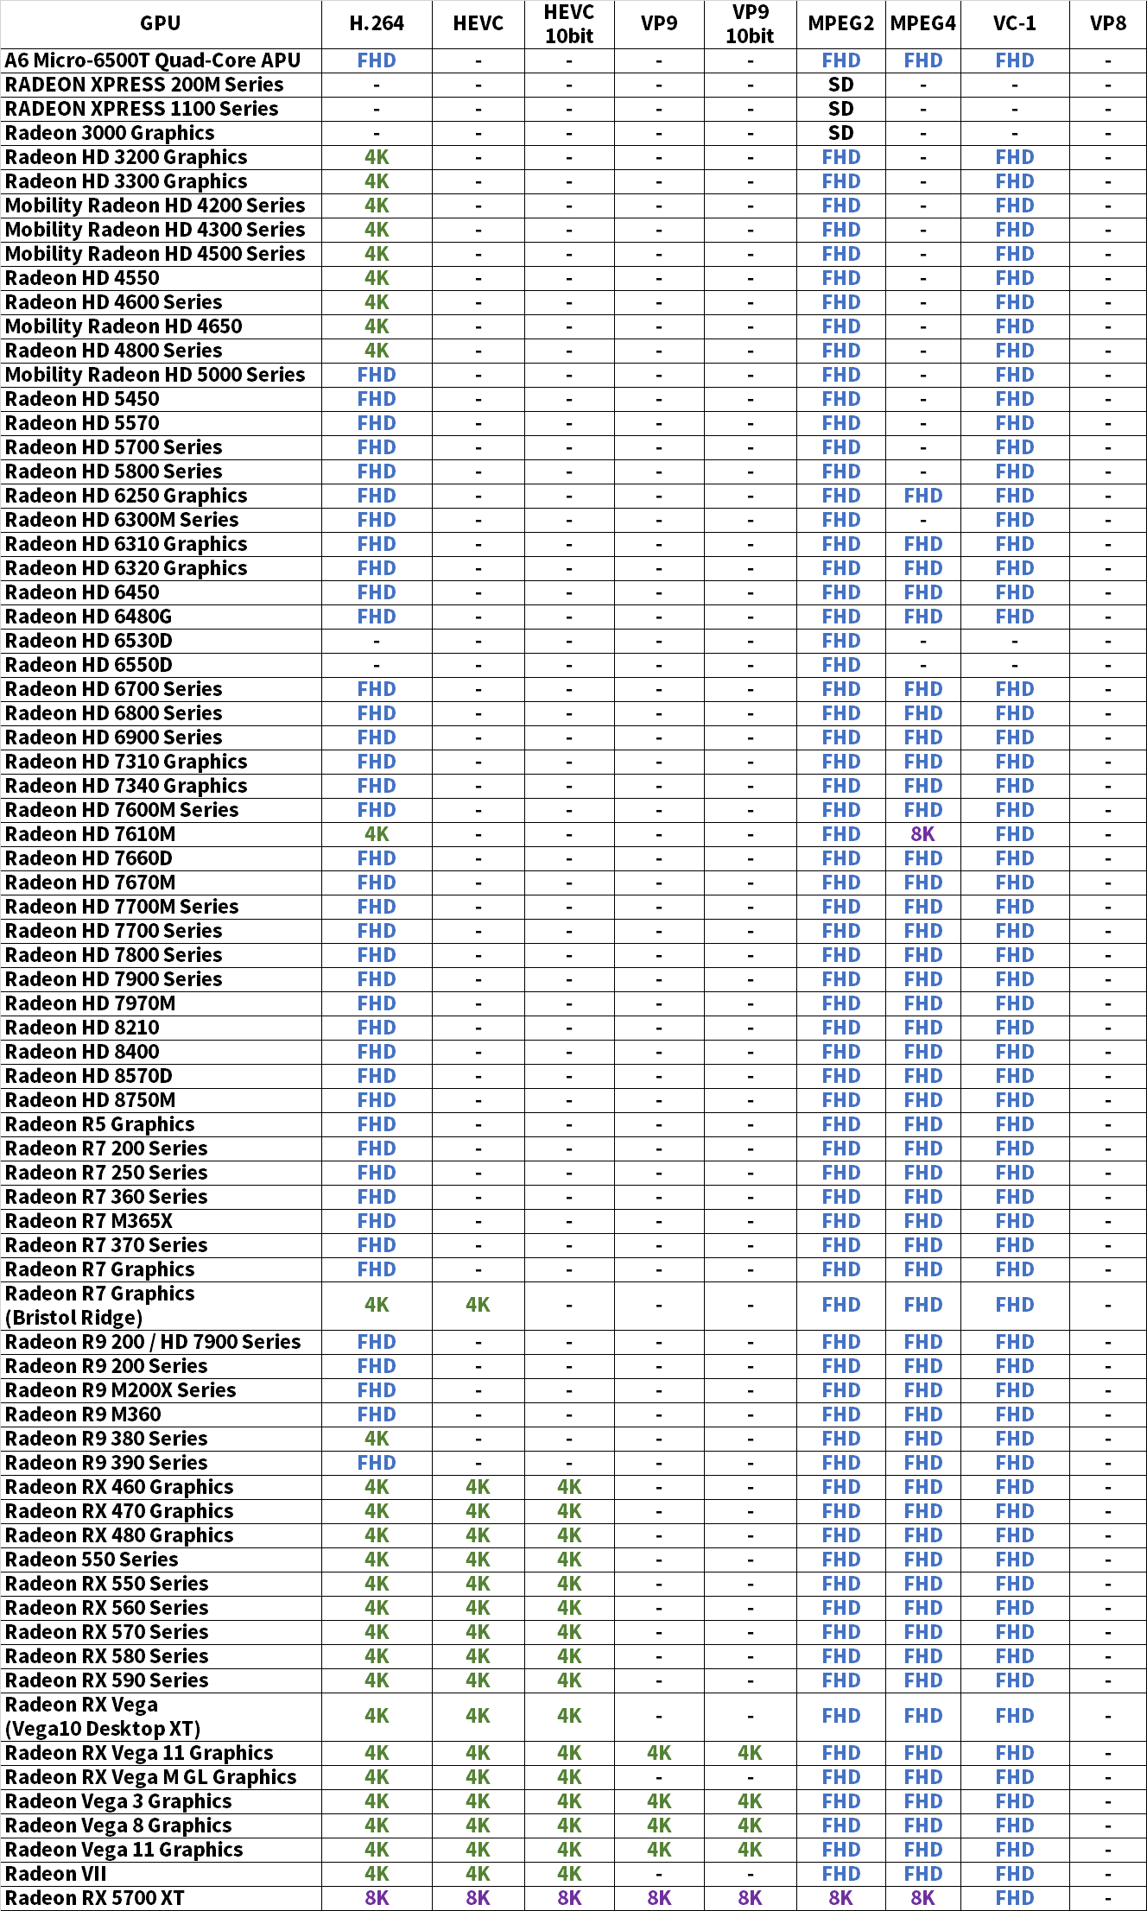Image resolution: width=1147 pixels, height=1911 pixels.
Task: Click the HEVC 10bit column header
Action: coord(569,24)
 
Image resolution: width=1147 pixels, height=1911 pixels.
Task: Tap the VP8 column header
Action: coord(1107,24)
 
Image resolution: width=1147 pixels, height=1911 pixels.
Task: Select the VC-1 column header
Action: coord(1014,24)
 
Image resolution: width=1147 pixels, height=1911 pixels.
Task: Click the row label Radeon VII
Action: coord(56,1873)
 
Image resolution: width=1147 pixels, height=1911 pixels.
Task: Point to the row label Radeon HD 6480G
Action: coord(88,617)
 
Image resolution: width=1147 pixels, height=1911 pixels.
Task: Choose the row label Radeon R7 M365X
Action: coord(89,1221)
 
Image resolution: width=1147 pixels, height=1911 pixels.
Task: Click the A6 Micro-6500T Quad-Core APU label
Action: coord(153,60)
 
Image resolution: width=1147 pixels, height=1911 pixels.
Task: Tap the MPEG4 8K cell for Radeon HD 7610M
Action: coord(922,834)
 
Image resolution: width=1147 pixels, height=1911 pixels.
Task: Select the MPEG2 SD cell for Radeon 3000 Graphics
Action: coord(840,133)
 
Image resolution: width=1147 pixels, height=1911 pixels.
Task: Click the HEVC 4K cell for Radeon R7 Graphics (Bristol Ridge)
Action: coord(478,1305)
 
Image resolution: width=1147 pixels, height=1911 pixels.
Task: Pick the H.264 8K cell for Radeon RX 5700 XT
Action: coord(377,1897)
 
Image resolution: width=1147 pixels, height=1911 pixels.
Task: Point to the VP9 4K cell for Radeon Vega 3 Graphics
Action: coord(659,1800)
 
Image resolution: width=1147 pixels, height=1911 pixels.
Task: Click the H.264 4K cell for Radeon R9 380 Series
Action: coord(377,1439)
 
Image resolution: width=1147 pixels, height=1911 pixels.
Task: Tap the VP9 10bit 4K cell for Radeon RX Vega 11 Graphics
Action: coord(750,1752)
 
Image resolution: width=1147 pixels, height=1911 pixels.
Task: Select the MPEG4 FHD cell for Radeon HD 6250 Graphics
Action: coord(922,496)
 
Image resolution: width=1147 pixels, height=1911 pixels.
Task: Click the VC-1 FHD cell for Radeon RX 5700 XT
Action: coord(1014,1897)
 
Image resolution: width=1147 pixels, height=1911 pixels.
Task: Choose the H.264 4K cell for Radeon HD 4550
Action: coord(377,278)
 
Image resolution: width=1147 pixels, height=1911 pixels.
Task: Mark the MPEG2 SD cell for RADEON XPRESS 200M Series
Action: coord(840,85)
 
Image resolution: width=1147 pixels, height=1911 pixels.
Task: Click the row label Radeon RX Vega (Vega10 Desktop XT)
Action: coord(103,1716)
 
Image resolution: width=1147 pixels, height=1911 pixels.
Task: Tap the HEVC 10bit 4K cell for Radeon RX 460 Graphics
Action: coord(569,1487)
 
